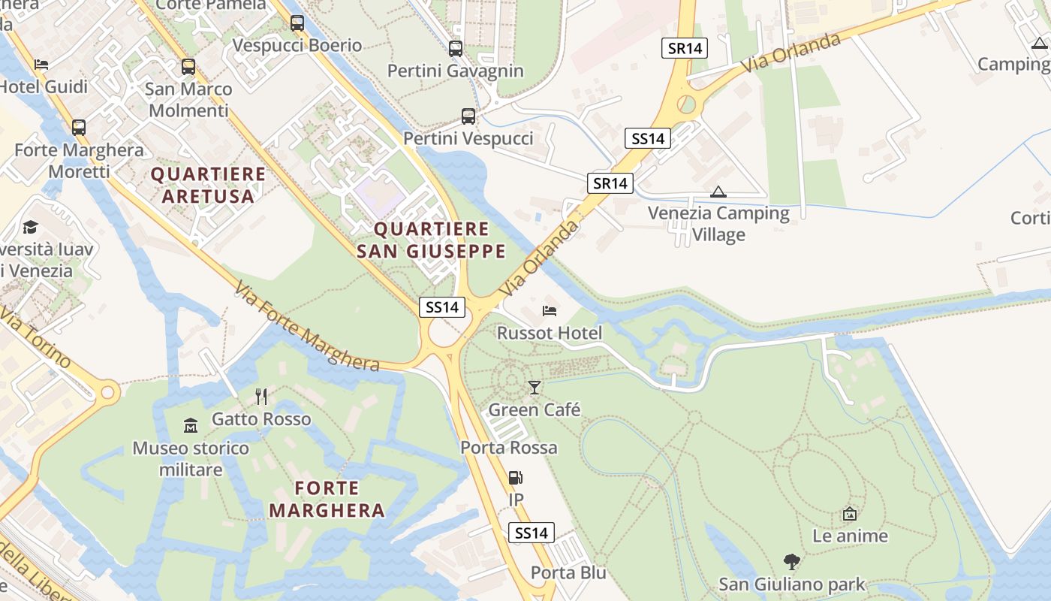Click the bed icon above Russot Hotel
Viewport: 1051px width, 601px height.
click(550, 310)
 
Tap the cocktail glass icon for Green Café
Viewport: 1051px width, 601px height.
click(534, 388)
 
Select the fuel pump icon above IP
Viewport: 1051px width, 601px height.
click(516, 478)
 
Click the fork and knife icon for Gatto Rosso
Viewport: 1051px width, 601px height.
click(261, 397)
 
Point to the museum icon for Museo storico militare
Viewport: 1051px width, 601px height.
click(191, 426)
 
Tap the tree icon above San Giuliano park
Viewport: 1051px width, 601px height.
click(791, 561)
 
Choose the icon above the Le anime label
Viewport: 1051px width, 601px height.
click(850, 514)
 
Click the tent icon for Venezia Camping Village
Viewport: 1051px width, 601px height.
click(718, 192)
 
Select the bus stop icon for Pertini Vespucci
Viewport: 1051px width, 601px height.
click(468, 116)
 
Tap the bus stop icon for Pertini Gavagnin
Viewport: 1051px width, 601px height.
click(455, 49)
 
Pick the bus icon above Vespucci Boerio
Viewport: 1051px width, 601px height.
click(297, 23)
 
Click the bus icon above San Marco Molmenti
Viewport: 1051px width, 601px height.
click(188, 67)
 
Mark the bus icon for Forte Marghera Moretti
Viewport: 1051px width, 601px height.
click(79, 128)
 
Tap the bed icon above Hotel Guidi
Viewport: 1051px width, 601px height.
click(41, 65)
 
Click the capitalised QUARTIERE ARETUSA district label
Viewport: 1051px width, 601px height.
click(209, 185)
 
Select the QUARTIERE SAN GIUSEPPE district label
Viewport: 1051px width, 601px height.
click(431, 240)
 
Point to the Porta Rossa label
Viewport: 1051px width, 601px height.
click(509, 448)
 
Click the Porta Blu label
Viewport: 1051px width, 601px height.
click(568, 572)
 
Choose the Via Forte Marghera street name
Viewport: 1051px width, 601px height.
click(306, 328)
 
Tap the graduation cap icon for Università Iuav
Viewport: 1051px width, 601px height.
click(30, 227)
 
